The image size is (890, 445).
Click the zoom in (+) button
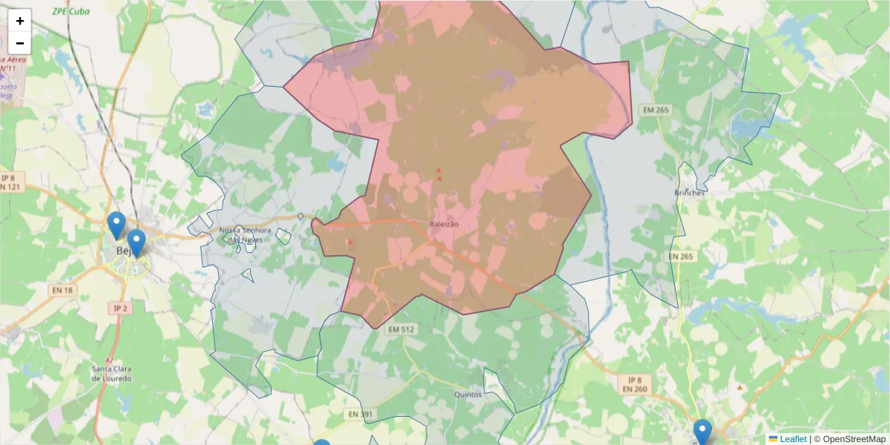[x=20, y=21]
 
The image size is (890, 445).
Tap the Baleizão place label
[x=444, y=223]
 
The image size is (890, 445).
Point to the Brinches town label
[x=690, y=192]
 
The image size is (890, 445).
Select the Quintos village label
[x=468, y=395]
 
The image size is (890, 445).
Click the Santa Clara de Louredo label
[x=112, y=373]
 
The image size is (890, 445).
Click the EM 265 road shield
[x=656, y=110]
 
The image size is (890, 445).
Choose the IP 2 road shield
[x=119, y=307]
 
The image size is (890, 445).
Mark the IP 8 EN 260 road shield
[x=634, y=383]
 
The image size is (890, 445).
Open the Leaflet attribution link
[x=792, y=439]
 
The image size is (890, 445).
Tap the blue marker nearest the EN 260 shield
[x=702, y=432]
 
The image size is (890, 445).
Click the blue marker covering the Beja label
[x=136, y=243]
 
